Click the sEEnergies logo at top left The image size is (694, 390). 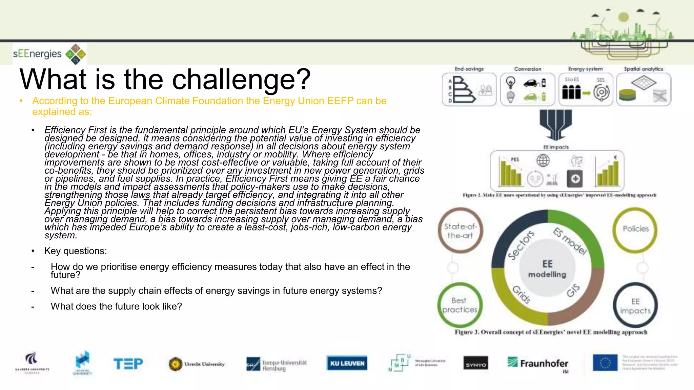point(49,54)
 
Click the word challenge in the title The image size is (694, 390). point(241,80)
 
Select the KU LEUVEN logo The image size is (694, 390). point(347,363)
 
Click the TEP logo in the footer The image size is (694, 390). point(128,364)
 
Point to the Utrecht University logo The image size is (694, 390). point(197,364)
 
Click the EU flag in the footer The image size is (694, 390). point(605,363)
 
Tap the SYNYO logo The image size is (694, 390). point(476,364)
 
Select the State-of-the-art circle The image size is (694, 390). point(460,231)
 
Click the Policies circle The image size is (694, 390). point(635,229)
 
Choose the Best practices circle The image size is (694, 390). point(460,305)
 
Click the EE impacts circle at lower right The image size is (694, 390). point(635,306)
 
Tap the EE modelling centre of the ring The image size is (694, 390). point(547,268)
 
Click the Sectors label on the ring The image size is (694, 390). point(521,245)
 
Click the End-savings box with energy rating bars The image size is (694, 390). point(469,89)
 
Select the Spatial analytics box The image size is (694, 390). point(643,89)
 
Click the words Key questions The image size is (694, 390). point(76,251)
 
